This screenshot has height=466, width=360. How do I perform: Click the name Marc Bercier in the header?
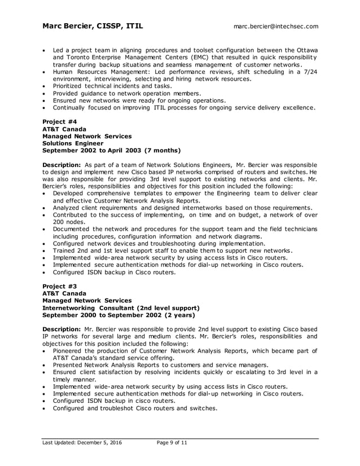coord(69,26)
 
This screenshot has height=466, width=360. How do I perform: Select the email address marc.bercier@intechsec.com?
coord(276,27)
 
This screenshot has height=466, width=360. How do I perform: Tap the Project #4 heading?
coord(60,121)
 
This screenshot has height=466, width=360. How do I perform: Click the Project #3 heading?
coord(60,286)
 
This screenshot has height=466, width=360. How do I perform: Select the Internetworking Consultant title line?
coord(121,308)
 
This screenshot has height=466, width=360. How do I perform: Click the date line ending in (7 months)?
coord(112,151)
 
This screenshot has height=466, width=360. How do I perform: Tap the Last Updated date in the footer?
coord(82,443)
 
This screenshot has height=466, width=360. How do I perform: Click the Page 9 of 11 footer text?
coord(172,443)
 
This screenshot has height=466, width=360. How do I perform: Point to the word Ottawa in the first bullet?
coord(304,50)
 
